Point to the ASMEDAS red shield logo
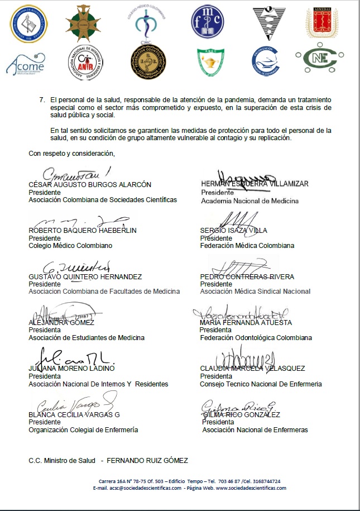[x=321, y=23]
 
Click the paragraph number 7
[x=42, y=99]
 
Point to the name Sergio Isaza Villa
[x=233, y=230]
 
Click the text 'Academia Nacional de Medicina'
[x=249, y=201]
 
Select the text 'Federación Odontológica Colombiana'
[x=256, y=338]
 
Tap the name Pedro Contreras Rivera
[x=247, y=276]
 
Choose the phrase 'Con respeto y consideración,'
[x=71, y=154]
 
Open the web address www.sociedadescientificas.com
[x=251, y=488]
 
